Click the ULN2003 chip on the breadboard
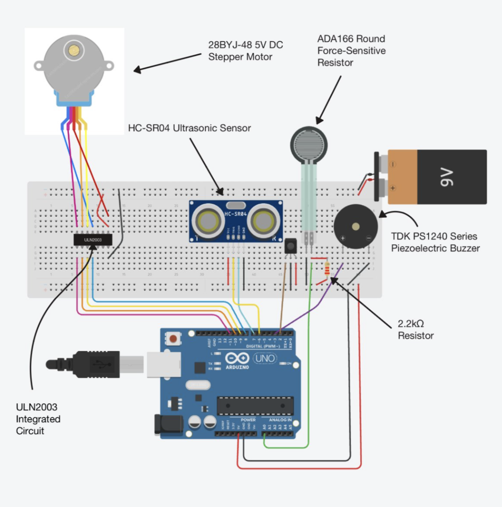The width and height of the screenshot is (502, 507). pyautogui.click(x=93, y=239)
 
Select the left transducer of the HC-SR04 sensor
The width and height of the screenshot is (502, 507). pyautogui.click(x=208, y=221)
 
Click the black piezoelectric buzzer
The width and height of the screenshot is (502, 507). pyautogui.click(x=356, y=227)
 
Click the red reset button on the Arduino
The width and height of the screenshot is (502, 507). pyautogui.click(x=173, y=338)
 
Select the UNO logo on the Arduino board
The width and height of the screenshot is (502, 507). pyautogui.click(x=265, y=358)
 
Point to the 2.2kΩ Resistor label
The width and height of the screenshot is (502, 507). pyautogui.click(x=416, y=330)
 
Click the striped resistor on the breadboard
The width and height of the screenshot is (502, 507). pyautogui.click(x=327, y=270)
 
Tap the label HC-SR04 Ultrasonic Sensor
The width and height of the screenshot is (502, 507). pyautogui.click(x=189, y=128)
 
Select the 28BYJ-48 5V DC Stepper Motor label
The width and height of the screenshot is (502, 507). pyautogui.click(x=246, y=51)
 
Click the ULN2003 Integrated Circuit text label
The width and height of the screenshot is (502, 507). pyautogui.click(x=38, y=419)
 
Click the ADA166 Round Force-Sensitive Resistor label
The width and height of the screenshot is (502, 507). pyautogui.click(x=351, y=51)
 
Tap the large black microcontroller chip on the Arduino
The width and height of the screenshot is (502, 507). pyautogui.click(x=255, y=406)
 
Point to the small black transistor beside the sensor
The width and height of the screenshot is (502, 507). pyautogui.click(x=291, y=247)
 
